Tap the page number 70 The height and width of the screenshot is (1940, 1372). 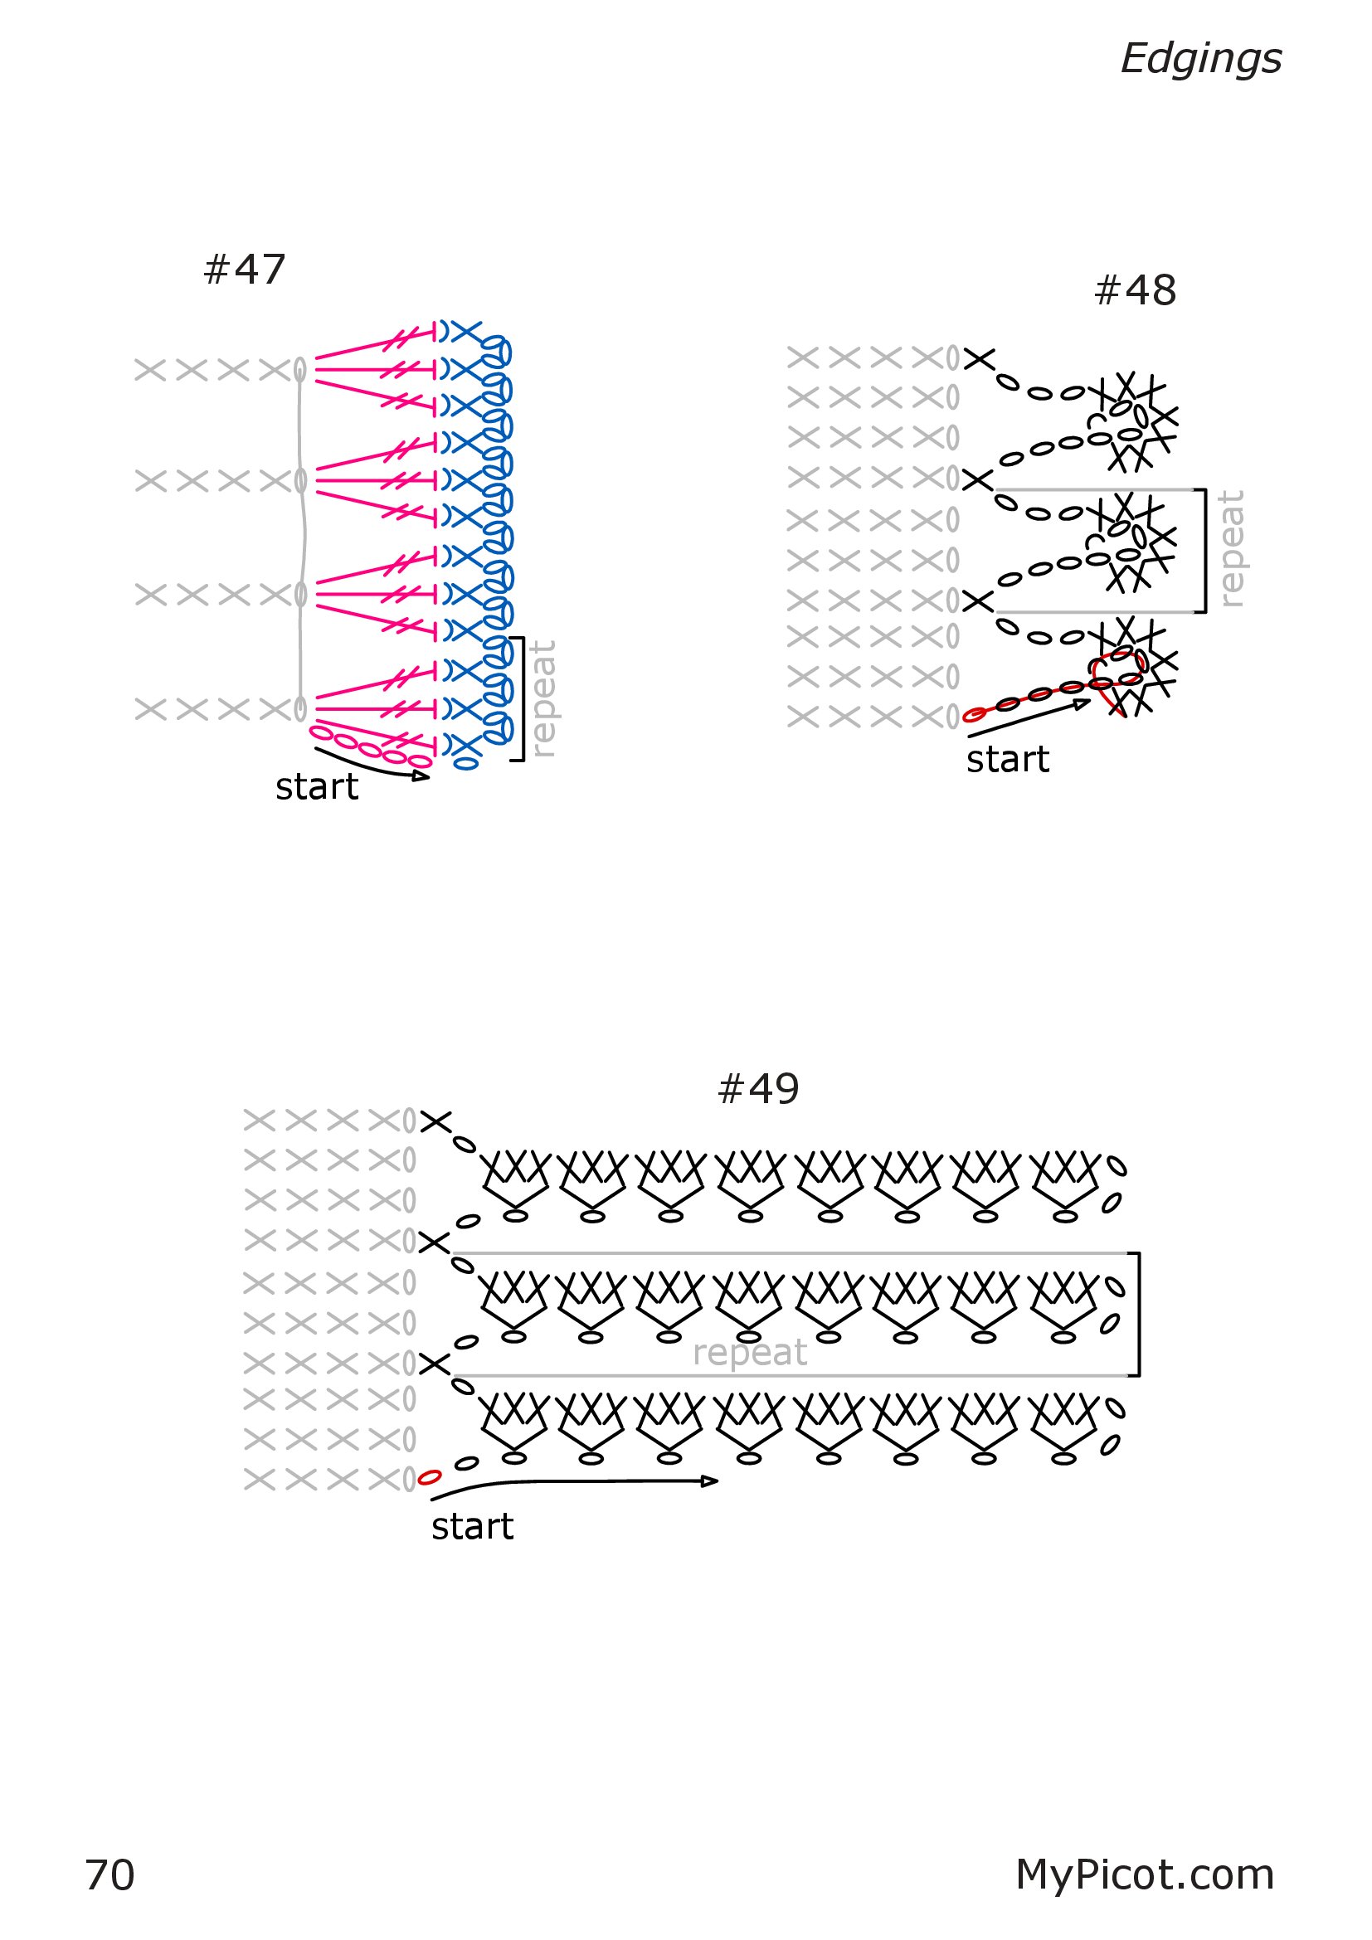(109, 1875)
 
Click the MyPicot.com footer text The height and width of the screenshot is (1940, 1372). (1145, 1875)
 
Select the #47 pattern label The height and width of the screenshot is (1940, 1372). (245, 270)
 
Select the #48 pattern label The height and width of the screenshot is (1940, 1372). (1135, 290)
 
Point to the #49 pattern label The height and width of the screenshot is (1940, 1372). (758, 1089)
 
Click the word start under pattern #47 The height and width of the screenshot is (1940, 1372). (317, 786)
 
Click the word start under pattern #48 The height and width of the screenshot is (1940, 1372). (1008, 760)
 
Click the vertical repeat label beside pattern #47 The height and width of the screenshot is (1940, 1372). (542, 698)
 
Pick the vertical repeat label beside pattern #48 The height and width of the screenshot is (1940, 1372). (1232, 548)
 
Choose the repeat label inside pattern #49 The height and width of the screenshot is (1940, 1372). (749, 1354)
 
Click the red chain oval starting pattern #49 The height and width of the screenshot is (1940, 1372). (429, 1478)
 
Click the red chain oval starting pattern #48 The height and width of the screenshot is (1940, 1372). (974, 715)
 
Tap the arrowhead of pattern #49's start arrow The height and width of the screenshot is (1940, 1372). (711, 1481)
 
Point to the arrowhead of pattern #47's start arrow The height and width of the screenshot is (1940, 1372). (421, 775)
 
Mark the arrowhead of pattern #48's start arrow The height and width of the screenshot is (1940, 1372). (1083, 703)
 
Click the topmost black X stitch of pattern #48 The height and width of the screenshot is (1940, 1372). (979, 359)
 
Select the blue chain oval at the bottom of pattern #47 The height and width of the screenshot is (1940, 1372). (465, 764)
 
